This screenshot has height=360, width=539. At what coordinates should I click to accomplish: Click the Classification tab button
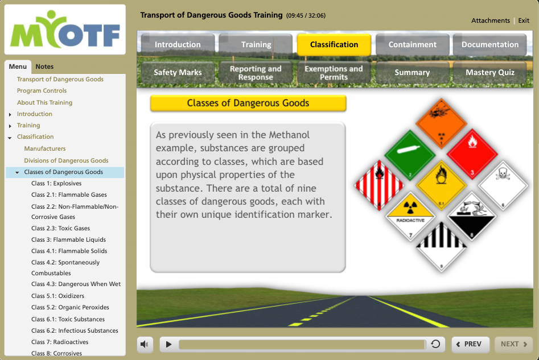[x=334, y=45]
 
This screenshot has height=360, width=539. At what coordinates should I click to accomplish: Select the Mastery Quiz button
[x=490, y=72]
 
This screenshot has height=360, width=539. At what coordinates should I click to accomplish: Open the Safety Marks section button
[x=178, y=72]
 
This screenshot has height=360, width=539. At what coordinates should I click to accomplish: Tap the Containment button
[x=412, y=45]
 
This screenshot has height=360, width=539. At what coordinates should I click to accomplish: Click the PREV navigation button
[x=470, y=344]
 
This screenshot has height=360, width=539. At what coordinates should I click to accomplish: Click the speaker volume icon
[x=145, y=344]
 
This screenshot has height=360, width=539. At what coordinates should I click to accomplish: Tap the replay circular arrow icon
[x=435, y=344]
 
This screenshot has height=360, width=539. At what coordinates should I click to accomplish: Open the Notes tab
[x=44, y=67]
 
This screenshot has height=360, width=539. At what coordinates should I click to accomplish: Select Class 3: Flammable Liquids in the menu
[x=68, y=240]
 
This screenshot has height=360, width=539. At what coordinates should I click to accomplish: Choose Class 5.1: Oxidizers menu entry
[x=57, y=296]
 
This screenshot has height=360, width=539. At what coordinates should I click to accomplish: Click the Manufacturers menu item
[x=45, y=149]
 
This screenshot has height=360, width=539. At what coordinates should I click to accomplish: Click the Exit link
[x=524, y=20]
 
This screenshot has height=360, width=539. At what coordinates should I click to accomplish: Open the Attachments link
[x=491, y=20]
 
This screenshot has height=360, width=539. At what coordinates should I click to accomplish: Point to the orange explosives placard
[x=441, y=123]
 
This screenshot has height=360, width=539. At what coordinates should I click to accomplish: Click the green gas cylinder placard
[x=410, y=155]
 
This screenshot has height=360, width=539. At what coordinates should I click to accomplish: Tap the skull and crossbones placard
[x=503, y=186]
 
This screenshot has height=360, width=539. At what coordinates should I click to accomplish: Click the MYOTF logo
[x=65, y=30]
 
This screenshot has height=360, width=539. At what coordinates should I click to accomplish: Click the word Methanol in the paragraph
[x=289, y=135]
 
